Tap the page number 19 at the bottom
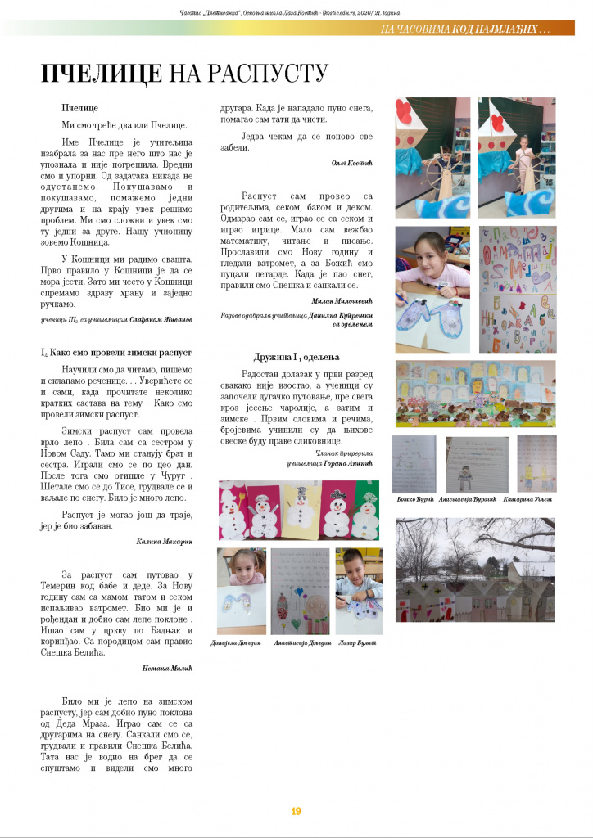coord(296,811)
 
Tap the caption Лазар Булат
coord(358,643)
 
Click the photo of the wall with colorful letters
coord(517,288)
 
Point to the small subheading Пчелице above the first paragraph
coord(80,108)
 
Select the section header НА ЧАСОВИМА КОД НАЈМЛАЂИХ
coord(465,29)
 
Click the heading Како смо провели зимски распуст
coord(116,352)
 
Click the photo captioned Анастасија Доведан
coord(300,591)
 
